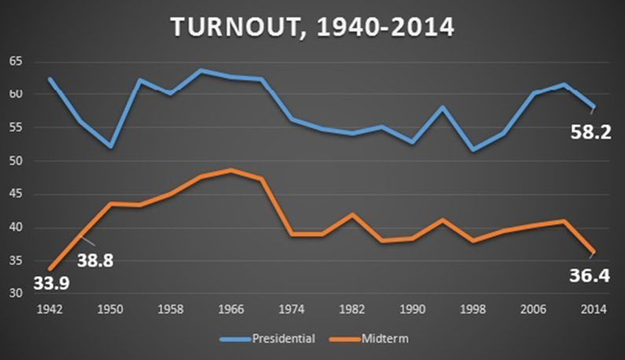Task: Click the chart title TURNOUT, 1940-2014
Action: (312, 29)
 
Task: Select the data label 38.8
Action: (94, 259)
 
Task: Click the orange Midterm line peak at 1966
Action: (229, 170)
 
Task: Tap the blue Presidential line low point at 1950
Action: (111, 147)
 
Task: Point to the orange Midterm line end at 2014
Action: (594, 252)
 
